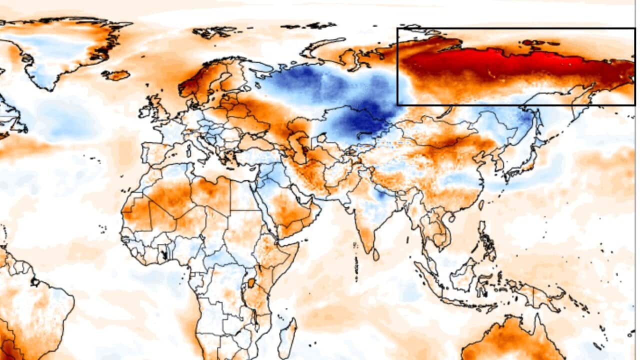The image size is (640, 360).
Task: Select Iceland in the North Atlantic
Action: click(116, 75)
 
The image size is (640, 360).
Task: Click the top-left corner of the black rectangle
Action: click(397, 28)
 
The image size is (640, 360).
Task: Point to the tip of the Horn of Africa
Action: click(298, 243)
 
